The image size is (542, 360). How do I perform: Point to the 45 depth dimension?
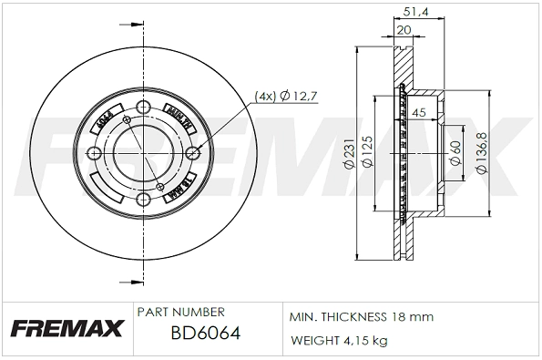point(420,112)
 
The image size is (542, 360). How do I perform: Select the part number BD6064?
point(205,333)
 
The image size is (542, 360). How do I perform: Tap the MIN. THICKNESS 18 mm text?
point(361,316)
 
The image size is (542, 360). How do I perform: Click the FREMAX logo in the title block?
point(65,328)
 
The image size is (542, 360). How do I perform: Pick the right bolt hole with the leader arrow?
point(191,156)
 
